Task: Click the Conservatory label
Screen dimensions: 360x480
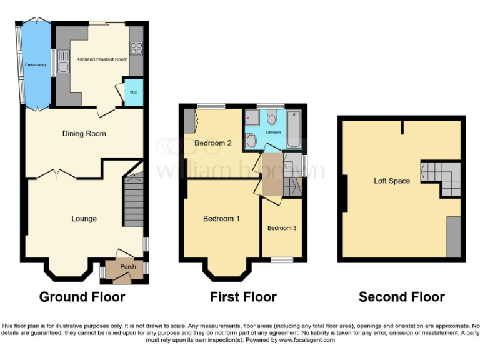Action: click(x=36, y=64)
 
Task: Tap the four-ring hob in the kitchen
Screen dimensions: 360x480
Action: click(x=136, y=47)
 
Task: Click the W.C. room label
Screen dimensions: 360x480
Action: click(x=134, y=92)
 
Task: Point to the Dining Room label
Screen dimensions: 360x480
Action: click(x=84, y=133)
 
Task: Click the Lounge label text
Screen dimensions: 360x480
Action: click(x=84, y=219)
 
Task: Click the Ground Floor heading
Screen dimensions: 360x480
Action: click(x=82, y=297)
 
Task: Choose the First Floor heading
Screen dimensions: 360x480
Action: click(x=243, y=297)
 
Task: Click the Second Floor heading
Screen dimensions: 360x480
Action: click(x=401, y=297)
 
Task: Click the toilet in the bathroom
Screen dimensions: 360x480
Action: click(x=272, y=118)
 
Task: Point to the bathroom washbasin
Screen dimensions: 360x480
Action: click(x=251, y=139)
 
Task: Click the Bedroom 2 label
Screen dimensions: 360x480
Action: click(x=212, y=143)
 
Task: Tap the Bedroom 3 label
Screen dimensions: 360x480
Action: click(x=282, y=228)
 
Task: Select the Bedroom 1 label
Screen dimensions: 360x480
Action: click(x=221, y=219)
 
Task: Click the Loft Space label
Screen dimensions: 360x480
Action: click(x=392, y=181)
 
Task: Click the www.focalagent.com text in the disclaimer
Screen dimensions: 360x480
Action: click(x=307, y=341)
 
